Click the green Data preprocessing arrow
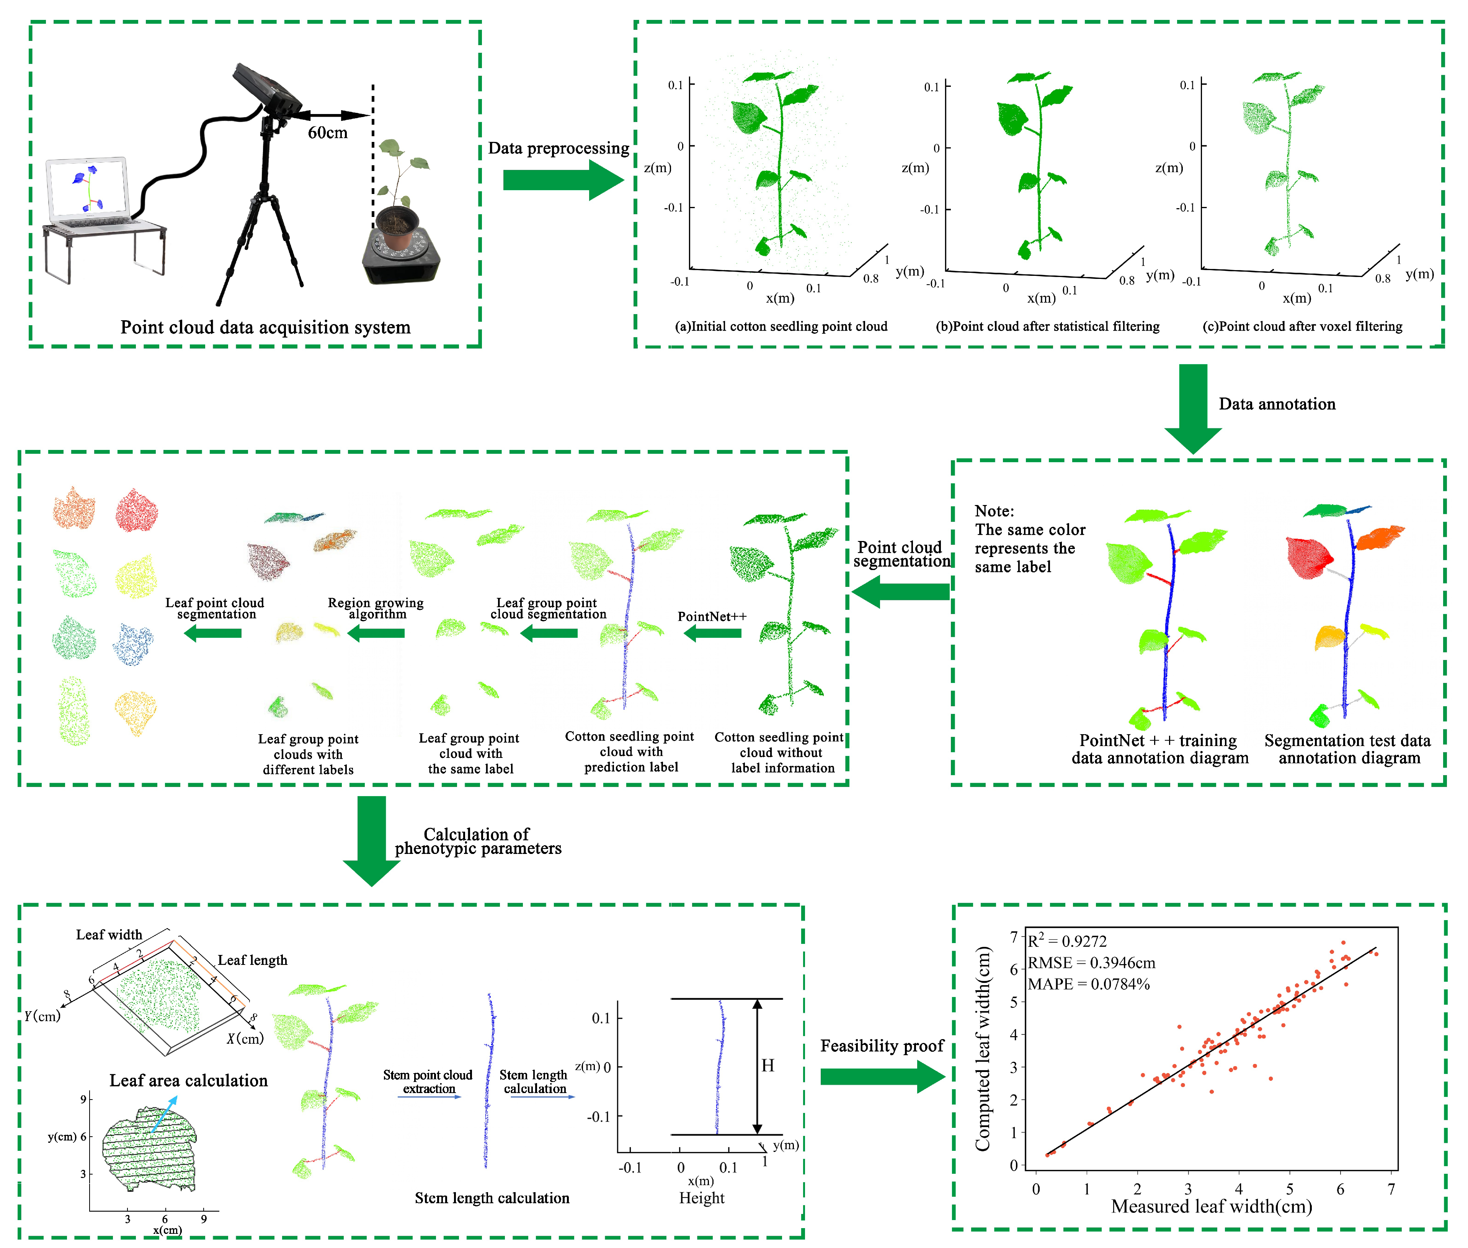(559, 181)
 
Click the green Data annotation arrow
(1193, 407)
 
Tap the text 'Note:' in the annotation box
(994, 511)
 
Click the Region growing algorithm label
(376, 608)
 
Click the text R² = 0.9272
(1067, 941)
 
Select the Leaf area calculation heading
(188, 1080)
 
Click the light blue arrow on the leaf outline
(164, 1114)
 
